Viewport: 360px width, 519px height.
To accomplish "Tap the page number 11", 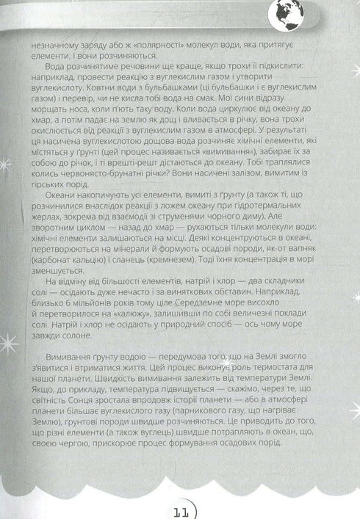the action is [x=181, y=506].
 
